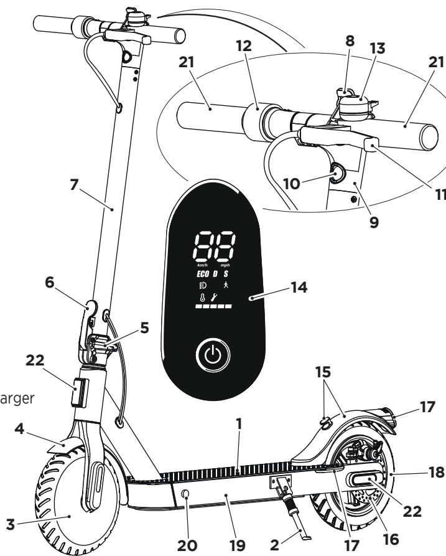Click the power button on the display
(213, 356)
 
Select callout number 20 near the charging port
(186, 545)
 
